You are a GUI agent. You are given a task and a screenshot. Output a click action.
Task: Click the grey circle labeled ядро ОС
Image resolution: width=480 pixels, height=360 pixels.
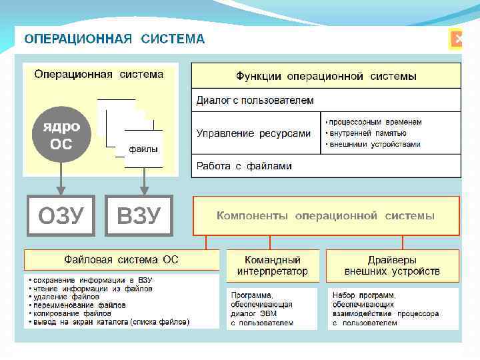61,135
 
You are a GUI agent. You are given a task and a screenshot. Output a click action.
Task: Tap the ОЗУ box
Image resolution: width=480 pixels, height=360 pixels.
61,215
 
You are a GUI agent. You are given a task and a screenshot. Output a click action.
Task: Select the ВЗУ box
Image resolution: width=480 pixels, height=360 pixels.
139,215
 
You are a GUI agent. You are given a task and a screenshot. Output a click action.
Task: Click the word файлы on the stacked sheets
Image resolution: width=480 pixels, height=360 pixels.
143,149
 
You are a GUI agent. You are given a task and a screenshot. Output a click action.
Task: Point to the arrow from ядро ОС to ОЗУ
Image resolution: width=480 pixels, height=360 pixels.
61,179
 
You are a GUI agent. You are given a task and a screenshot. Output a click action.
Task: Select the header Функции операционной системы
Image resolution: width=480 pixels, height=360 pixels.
326,76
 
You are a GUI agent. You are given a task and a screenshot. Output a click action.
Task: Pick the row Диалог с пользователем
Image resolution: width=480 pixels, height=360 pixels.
326,100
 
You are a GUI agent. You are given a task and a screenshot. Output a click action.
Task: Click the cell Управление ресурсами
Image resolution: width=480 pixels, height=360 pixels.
253,133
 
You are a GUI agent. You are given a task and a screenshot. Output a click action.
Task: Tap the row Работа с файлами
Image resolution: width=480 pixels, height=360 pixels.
326,166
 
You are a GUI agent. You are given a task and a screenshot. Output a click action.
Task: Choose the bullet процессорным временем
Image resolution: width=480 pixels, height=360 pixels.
375,122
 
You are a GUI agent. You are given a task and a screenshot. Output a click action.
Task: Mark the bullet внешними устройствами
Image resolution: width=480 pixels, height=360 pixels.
375,144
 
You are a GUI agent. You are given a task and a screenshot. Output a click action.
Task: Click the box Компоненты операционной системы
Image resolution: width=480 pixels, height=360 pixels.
326,216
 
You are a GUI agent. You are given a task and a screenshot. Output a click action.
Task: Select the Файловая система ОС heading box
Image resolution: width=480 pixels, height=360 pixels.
121,259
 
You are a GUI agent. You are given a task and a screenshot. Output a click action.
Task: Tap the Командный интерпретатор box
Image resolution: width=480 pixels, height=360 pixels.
273,265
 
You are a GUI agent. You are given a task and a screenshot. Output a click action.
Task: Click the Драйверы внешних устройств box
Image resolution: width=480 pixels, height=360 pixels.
392,265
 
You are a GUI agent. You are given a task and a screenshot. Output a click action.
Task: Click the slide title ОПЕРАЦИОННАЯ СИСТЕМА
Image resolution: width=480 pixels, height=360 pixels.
115,39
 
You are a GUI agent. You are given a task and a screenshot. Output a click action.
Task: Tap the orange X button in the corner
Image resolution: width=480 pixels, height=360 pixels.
457,39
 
